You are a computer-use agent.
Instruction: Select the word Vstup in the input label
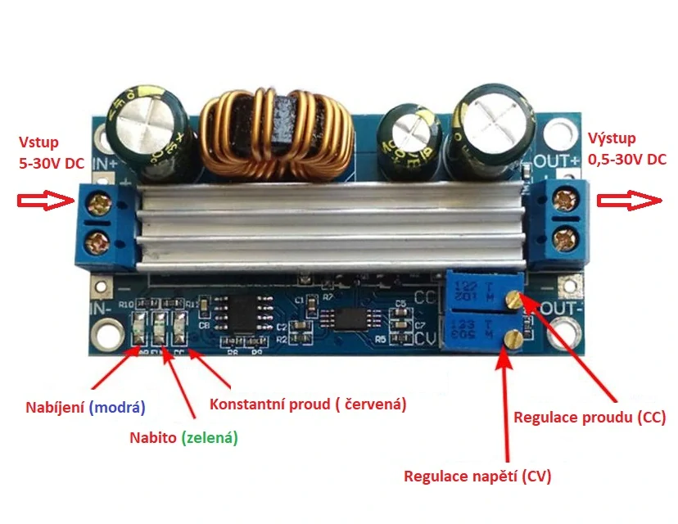tap(38, 142)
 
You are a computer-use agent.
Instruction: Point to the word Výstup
tap(611, 139)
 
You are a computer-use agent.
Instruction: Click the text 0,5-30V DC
tap(626, 160)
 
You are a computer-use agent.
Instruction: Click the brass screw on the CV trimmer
tap(513, 336)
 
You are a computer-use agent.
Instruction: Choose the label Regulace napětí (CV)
tap(478, 475)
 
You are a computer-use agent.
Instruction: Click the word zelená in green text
tap(210, 438)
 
